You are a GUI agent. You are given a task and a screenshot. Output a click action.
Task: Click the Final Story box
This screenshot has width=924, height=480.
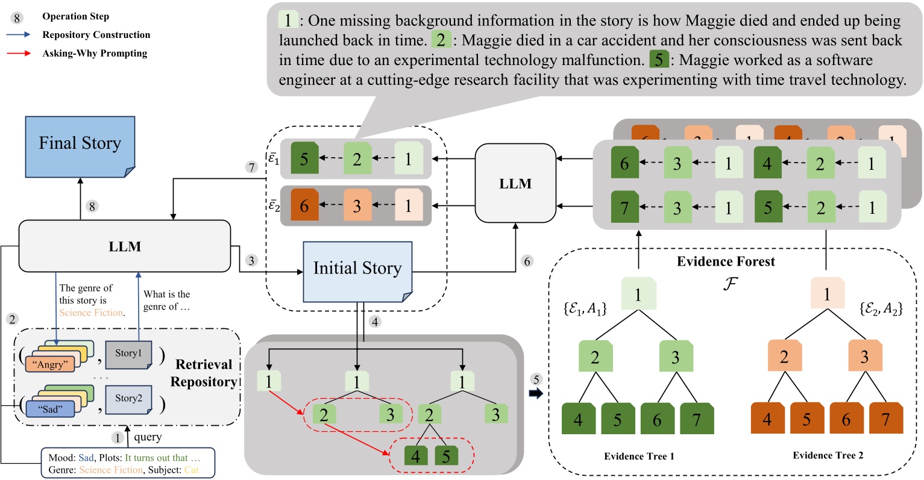click(80, 144)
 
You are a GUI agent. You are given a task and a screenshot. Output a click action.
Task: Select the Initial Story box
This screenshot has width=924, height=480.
click(357, 269)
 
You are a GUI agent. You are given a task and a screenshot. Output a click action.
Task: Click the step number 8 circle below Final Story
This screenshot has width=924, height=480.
click(92, 206)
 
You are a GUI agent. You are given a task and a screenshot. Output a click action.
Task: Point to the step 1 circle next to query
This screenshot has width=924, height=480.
click(118, 438)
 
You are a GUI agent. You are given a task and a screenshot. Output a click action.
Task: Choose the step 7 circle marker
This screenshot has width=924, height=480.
click(253, 167)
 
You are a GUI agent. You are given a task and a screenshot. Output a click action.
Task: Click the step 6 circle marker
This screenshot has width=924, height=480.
click(527, 261)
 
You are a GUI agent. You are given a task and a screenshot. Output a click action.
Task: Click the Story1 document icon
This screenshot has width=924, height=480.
click(128, 354)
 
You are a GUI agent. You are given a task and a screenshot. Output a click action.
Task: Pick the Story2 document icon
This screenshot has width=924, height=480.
click(128, 399)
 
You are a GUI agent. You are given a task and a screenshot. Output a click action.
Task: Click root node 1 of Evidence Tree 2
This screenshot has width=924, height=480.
click(827, 294)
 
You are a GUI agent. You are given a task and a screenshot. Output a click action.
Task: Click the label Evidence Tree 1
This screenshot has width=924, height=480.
click(639, 456)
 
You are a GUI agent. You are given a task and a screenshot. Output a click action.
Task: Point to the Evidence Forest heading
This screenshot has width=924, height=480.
click(726, 261)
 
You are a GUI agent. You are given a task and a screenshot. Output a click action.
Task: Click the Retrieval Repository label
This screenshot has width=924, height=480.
click(203, 373)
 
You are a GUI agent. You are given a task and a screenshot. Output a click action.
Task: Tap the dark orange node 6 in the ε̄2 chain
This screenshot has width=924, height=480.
click(304, 206)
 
